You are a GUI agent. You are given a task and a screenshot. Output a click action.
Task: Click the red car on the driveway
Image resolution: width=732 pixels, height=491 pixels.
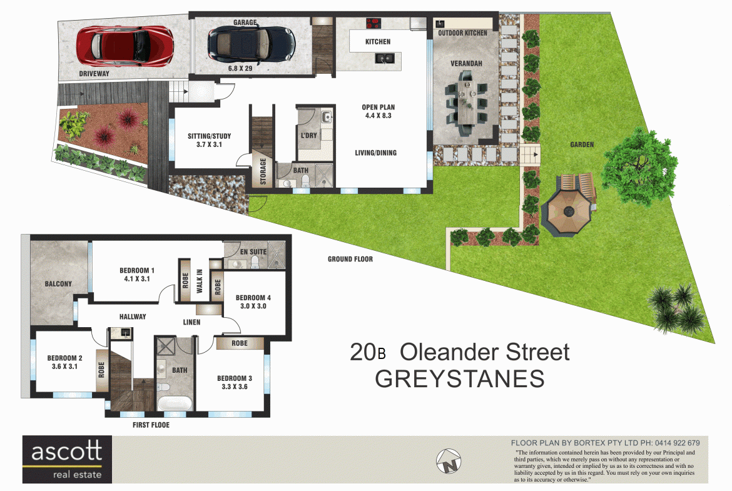(x=125, y=45)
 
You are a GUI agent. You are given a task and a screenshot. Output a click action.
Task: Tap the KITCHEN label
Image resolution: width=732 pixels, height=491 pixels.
(x=378, y=41)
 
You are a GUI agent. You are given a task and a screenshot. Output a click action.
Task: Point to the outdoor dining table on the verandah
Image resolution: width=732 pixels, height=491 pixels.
(x=466, y=103)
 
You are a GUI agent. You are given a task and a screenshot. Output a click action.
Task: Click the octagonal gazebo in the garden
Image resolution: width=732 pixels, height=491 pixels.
(x=569, y=211)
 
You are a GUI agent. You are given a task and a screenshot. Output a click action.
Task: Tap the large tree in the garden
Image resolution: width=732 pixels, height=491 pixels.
(x=639, y=166)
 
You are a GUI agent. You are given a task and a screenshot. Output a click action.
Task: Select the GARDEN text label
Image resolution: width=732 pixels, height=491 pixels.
(x=582, y=144)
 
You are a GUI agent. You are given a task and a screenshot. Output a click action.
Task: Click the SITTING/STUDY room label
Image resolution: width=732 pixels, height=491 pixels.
(x=209, y=136)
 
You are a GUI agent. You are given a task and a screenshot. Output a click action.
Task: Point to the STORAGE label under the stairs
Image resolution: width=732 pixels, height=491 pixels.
(x=263, y=171)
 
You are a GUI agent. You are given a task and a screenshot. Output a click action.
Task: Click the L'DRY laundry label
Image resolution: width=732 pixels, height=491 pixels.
(x=308, y=135)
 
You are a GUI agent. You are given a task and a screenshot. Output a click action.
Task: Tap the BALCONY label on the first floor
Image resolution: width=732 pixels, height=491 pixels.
(x=58, y=284)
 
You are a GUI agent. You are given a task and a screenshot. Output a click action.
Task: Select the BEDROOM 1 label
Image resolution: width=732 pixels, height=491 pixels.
(x=137, y=270)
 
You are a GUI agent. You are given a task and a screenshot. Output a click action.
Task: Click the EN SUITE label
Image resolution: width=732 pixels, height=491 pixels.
(x=253, y=252)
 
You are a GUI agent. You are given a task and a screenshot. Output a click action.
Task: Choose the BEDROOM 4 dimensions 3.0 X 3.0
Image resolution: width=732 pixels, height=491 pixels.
(x=253, y=306)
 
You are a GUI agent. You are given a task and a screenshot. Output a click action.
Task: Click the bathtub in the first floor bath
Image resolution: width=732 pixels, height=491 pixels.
(x=175, y=403)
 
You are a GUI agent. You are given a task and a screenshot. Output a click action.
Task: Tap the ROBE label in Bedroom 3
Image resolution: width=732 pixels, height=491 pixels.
(x=240, y=343)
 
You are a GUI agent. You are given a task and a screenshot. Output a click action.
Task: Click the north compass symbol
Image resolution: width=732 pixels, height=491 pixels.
(x=449, y=461)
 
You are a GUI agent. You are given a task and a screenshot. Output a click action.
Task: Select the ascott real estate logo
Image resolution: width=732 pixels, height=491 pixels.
(x=67, y=459)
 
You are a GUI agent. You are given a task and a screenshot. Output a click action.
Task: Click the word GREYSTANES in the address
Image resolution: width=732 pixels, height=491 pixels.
(x=460, y=378)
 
